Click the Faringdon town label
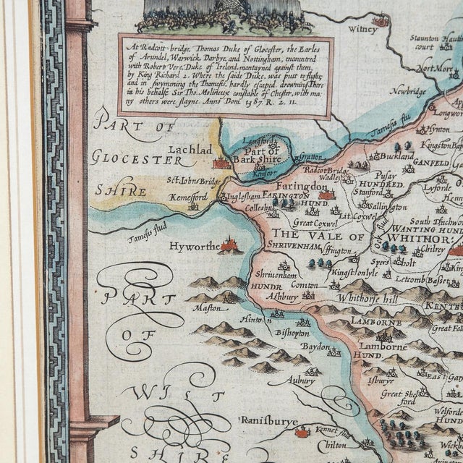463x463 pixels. [307, 186]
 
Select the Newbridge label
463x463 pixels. [409, 93]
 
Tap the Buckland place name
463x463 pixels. [398, 156]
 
